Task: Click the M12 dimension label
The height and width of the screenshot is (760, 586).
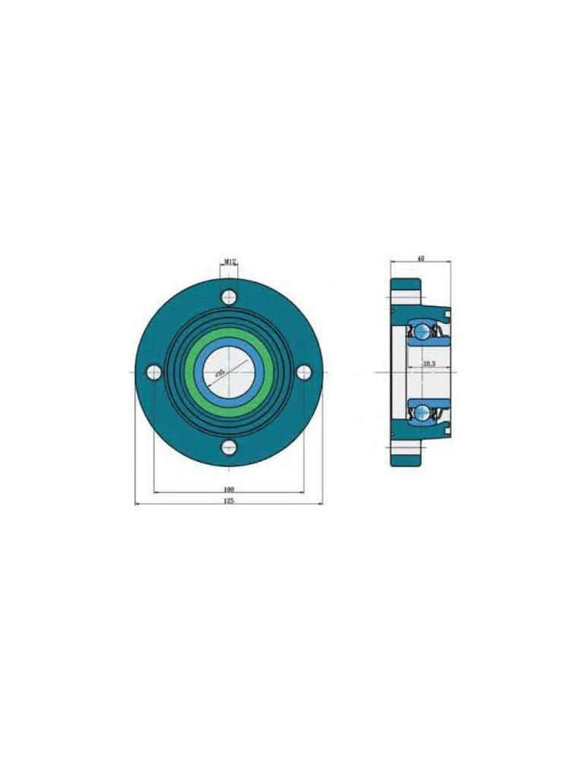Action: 230,261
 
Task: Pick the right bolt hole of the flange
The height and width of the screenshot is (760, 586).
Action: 304,372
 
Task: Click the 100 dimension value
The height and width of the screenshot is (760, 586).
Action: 229,489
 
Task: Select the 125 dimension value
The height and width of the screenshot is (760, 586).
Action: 229,501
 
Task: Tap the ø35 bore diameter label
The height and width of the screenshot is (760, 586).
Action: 220,372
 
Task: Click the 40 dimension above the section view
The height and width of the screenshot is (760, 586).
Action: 420,259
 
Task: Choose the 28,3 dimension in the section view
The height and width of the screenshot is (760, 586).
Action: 429,365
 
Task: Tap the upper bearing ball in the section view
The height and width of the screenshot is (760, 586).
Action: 422,331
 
